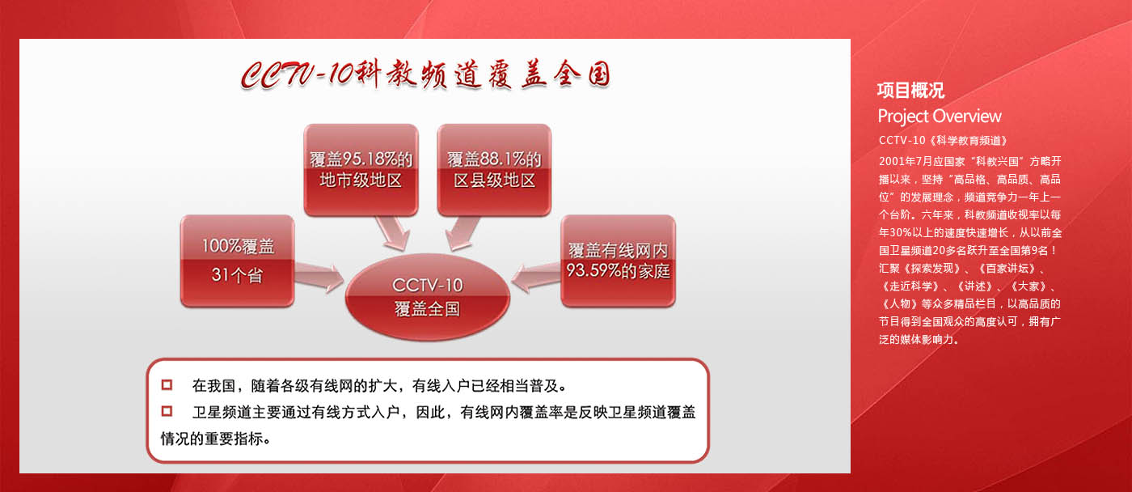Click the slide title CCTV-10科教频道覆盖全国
tap(425, 74)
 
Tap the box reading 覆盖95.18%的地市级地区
tap(361, 170)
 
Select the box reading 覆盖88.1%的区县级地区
tap(494, 170)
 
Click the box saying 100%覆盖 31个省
tap(238, 261)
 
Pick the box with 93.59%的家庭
tap(618, 261)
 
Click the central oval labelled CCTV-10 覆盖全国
tap(428, 297)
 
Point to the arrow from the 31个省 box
tap(319, 277)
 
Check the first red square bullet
tap(167, 385)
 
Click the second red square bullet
tap(167, 411)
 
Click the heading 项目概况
tap(910, 91)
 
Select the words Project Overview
tap(940, 117)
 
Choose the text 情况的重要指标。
tap(216, 439)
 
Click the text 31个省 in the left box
tap(237, 275)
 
